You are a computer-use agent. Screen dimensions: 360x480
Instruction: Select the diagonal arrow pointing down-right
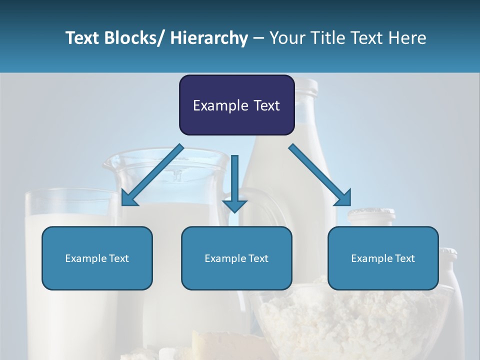[x=320, y=175]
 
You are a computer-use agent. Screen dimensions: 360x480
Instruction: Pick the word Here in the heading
[x=406, y=38]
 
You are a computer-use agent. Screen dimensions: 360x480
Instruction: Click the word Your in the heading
[x=287, y=38]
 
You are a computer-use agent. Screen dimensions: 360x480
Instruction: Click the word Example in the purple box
[x=215, y=105]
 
